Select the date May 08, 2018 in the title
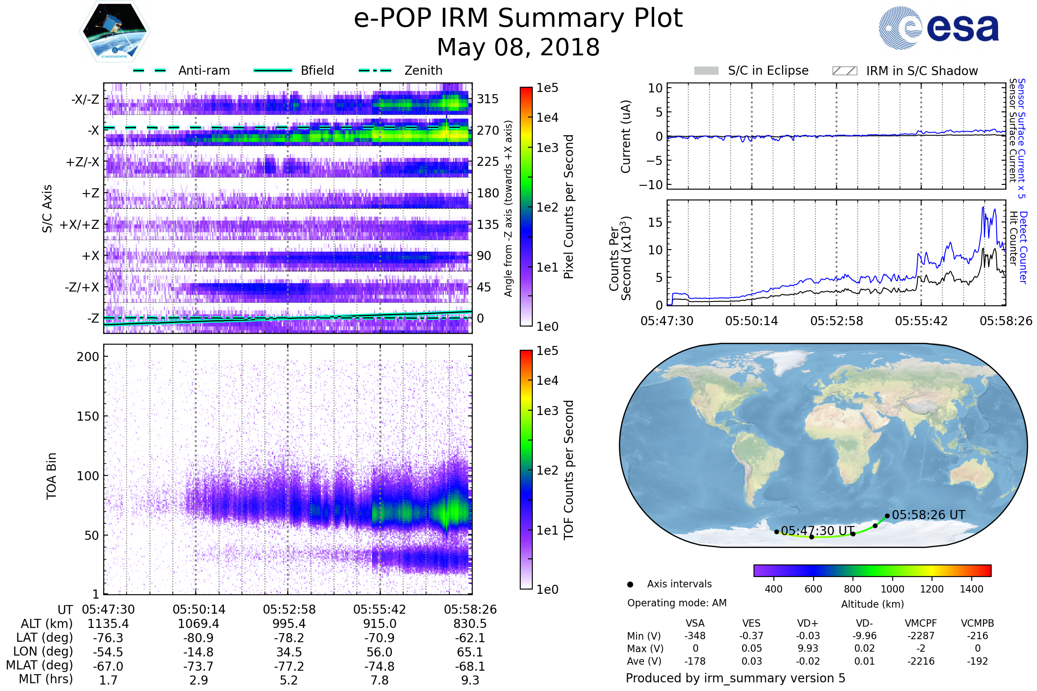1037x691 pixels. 518,47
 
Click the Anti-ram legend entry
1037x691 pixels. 204,70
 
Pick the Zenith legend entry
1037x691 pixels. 423,70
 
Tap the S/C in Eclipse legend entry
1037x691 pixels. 768,70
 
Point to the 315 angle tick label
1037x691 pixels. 487,99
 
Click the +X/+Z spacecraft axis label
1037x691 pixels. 80,225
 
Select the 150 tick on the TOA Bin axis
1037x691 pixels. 88,416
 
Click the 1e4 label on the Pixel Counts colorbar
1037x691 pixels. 547,117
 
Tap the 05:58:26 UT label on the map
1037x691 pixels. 928,515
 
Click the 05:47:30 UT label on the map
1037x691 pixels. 818,531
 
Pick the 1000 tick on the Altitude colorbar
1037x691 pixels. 892,589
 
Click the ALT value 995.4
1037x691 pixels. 289,624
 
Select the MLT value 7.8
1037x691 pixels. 379,680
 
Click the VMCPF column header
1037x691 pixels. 921,623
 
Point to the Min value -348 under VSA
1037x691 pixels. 695,636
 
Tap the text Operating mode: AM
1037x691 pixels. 677,603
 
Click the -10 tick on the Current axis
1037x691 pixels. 651,185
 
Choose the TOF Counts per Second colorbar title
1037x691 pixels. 569,470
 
